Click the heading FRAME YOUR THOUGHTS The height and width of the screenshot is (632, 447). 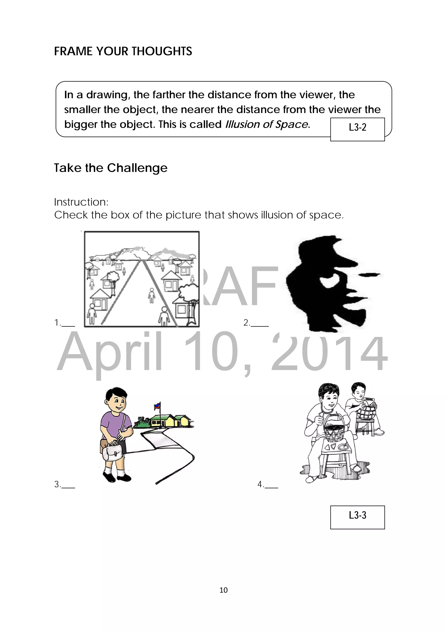(123, 51)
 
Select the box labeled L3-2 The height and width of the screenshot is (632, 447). (357, 129)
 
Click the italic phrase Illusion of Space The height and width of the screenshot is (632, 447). (266, 124)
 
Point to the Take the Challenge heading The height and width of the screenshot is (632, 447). (110, 168)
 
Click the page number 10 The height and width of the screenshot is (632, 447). (223, 590)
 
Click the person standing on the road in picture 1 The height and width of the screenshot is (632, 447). (151, 295)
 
